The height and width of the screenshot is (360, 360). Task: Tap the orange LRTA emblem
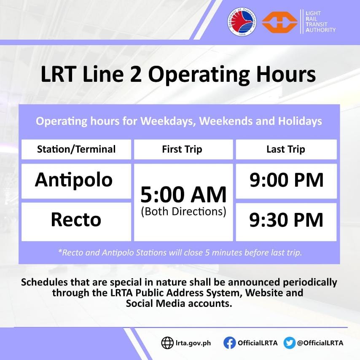(x=279, y=21)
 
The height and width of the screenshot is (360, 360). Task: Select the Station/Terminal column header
(x=76, y=149)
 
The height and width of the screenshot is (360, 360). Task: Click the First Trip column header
(x=182, y=149)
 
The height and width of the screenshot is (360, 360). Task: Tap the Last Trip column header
(x=285, y=149)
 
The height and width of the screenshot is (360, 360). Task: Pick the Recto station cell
(x=76, y=220)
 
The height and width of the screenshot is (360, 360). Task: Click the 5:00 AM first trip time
(x=183, y=194)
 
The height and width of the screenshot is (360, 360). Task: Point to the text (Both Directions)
(x=183, y=211)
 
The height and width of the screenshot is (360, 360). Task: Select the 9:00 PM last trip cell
(x=286, y=180)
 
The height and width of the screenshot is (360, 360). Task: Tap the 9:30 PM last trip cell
(x=286, y=220)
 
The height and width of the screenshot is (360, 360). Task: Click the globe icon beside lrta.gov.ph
(x=167, y=343)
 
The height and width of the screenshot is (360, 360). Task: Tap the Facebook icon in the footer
(x=229, y=343)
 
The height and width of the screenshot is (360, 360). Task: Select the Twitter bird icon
(x=289, y=343)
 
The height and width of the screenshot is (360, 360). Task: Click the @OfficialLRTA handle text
(x=320, y=343)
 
